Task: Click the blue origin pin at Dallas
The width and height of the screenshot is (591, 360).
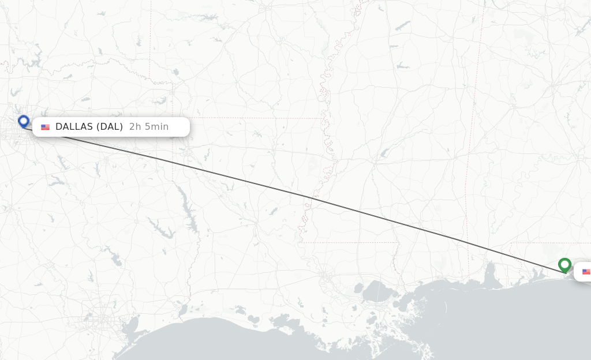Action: pos(24,121)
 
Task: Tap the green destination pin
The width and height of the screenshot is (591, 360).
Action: pos(564,264)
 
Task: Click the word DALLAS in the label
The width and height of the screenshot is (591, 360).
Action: pos(74,127)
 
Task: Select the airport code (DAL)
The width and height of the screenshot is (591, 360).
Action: pos(110,127)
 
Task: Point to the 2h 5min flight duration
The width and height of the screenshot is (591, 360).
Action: pos(149,127)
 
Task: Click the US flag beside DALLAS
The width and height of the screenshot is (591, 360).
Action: pos(45,127)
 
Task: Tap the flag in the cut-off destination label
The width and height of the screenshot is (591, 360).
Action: pos(586,272)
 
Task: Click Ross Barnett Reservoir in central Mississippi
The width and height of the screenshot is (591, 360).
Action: pos(385,152)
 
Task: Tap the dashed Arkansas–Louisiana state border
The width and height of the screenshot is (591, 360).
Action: pos(248,118)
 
